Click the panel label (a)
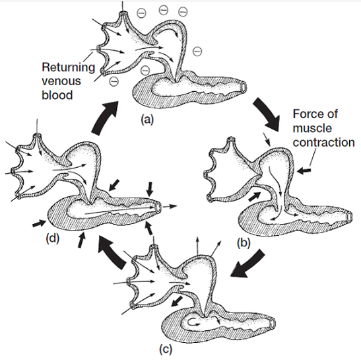147,120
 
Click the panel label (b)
244,243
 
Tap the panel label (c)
166,349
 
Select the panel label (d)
53,238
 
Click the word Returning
69,67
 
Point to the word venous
61,81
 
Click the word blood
57,94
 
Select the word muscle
312,128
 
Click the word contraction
323,142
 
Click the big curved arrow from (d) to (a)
104,118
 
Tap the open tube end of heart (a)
244,87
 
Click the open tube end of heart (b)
350,217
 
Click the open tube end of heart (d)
158,206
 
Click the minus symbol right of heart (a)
197,51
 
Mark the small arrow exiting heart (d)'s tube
170,206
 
